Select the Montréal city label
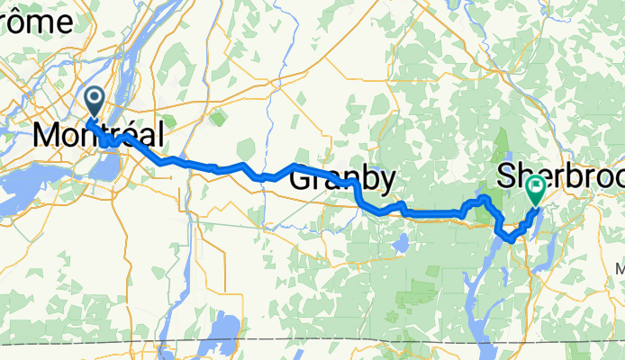coord(98,136)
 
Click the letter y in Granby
coord(385,183)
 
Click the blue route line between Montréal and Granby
coord(216,168)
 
